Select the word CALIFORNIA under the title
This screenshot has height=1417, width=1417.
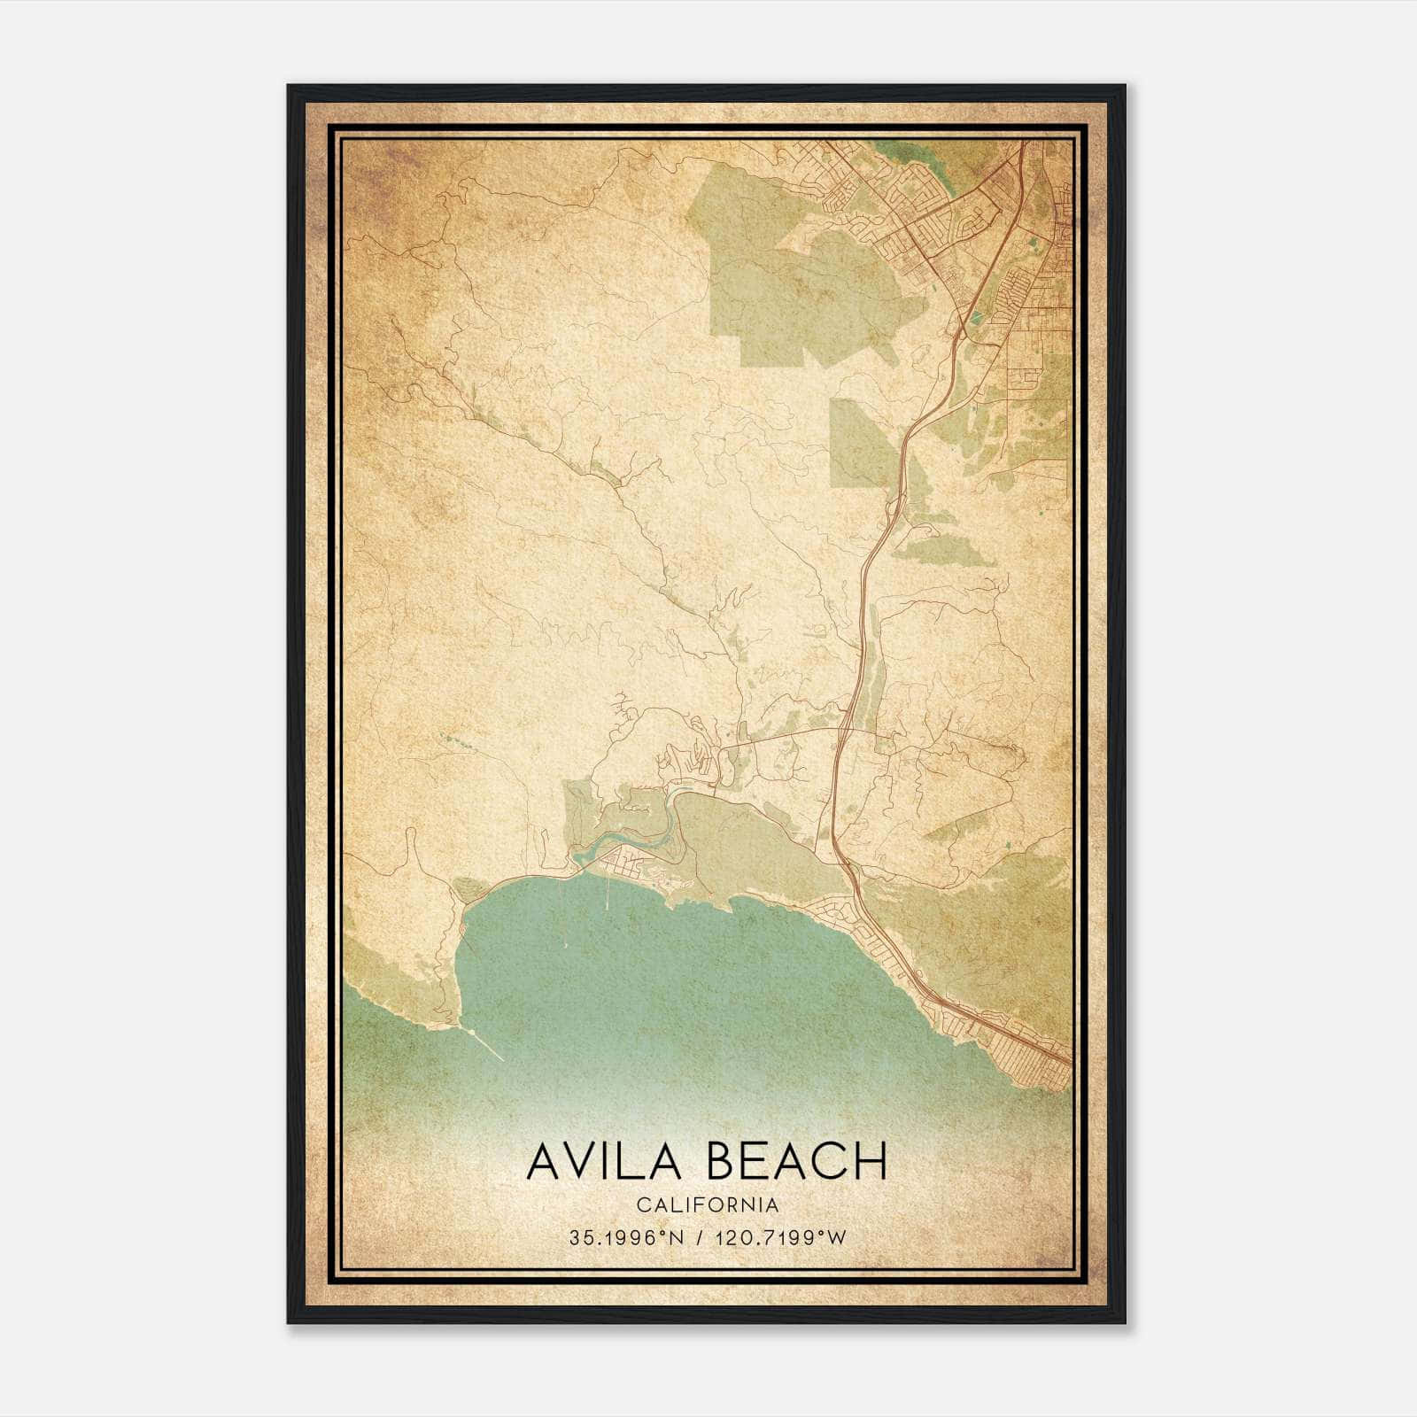[707, 1204]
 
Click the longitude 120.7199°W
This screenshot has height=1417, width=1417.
[784, 1237]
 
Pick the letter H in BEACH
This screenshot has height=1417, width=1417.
[871, 1160]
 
